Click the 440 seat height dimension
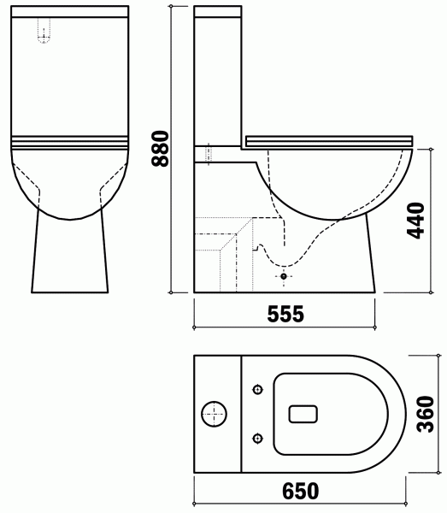click(416, 221)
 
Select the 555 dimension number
click(285, 314)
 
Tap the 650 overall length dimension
click(298, 492)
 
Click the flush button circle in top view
click(213, 416)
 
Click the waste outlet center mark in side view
click(285, 277)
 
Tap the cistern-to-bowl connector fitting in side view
click(214, 153)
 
